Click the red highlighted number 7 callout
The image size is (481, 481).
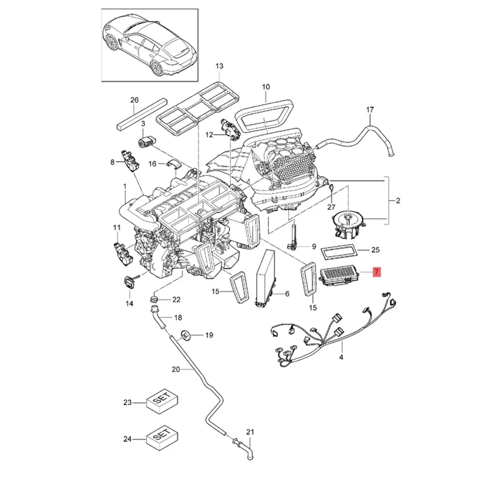[x=376, y=272]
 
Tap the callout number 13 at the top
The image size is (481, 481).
[x=219, y=66]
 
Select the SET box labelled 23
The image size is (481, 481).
[x=163, y=402]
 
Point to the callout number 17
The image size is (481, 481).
[x=370, y=109]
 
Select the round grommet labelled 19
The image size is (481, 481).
[x=186, y=334]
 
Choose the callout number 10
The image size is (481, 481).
[x=266, y=88]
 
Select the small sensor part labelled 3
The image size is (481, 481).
[x=147, y=142]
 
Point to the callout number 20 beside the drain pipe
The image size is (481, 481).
[x=176, y=369]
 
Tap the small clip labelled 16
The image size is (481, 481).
[x=174, y=164]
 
